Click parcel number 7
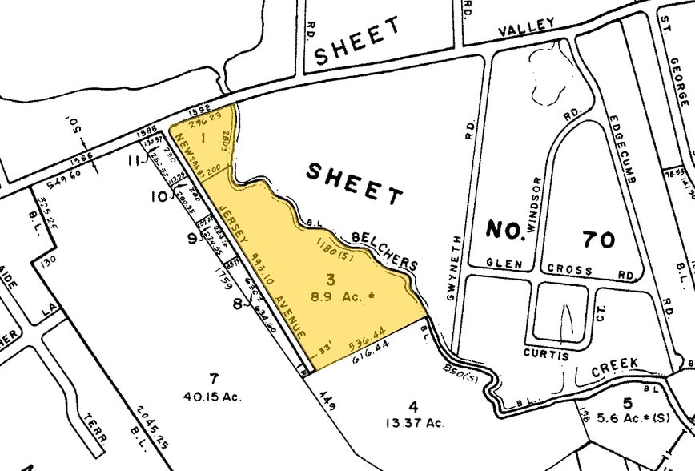213,379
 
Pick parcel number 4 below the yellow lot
413,405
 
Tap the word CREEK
615,364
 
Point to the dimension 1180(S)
330,246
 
